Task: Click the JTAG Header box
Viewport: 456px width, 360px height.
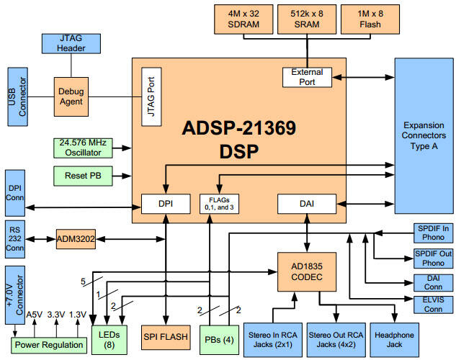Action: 71,44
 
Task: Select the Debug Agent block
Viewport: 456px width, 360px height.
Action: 71,96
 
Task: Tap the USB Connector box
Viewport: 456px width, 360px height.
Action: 18,96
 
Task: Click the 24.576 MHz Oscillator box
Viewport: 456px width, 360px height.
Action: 83,148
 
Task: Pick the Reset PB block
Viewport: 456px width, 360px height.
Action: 83,176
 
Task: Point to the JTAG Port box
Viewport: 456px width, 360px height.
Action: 151,96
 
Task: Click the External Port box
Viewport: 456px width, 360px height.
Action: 307,77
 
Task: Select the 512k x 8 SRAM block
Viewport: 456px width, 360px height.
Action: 307,19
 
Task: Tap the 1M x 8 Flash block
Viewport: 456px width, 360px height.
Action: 370,19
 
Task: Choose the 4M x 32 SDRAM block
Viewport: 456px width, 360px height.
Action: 243,19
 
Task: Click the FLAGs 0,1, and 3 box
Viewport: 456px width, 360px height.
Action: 219,204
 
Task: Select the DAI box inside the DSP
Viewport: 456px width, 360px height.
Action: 307,204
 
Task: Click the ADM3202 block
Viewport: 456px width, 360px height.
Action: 76,239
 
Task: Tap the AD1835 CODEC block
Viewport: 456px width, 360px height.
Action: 307,272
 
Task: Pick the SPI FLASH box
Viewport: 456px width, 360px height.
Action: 166,338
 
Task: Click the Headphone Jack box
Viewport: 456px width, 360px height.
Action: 394,340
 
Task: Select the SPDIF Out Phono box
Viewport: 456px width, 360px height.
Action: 434,258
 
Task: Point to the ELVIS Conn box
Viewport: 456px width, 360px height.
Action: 434,305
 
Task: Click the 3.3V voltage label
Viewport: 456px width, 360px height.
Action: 56,315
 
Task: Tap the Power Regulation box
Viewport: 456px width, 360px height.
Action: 49,345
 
